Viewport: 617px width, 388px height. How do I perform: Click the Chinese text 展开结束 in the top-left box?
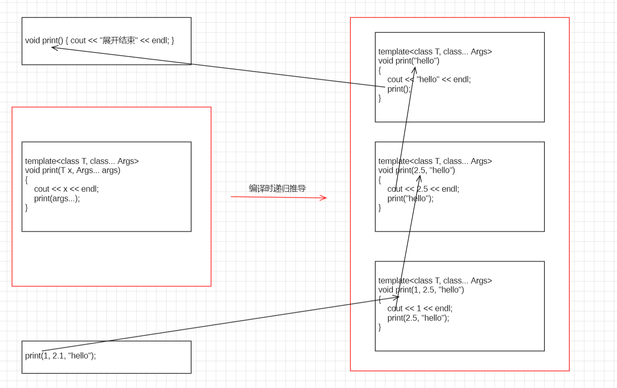point(119,41)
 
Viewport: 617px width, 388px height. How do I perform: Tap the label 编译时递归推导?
point(277,189)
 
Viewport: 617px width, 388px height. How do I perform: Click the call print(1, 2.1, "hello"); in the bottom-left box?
point(61,356)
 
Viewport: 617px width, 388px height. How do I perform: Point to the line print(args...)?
point(57,199)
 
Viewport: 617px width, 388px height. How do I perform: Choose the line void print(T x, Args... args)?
point(73,170)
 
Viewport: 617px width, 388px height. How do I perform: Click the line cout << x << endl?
point(66,189)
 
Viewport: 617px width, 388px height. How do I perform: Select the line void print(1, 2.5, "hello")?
point(421,290)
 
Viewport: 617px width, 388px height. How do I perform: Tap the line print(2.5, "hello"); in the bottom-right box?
point(418,318)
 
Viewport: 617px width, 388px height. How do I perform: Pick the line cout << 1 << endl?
point(420,308)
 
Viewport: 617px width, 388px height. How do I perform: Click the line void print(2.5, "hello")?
point(416,170)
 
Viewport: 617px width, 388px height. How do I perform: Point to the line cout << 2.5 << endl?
point(423,189)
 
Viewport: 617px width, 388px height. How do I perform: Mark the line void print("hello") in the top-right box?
point(408,61)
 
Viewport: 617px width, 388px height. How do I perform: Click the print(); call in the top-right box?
point(398,89)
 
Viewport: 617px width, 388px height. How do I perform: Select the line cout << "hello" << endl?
point(429,80)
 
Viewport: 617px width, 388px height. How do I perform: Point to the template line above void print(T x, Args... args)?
point(82,161)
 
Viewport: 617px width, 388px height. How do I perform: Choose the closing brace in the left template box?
point(27,208)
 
